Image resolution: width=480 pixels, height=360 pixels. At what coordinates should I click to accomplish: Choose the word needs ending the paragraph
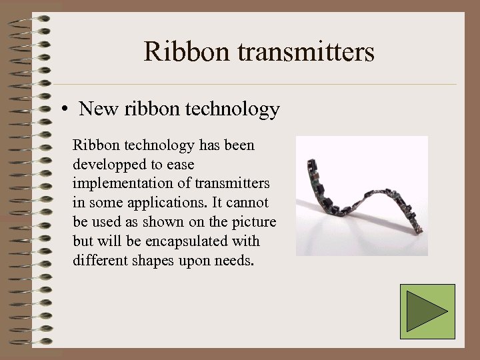[x=233, y=260]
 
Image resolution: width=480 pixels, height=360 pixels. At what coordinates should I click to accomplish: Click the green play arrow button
[x=427, y=311]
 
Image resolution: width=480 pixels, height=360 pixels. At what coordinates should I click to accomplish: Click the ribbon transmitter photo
[x=361, y=196]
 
